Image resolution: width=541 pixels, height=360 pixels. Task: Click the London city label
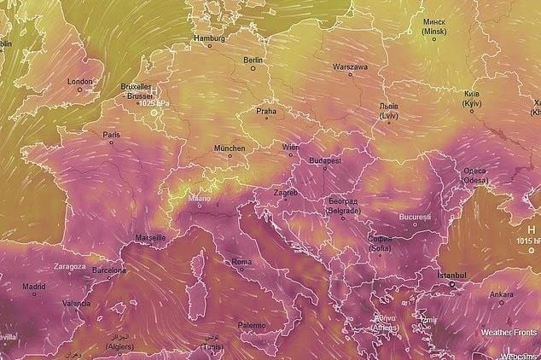(x=79, y=82)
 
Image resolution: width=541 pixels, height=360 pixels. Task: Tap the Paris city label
(x=111, y=135)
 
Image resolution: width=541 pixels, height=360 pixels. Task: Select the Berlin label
(x=253, y=61)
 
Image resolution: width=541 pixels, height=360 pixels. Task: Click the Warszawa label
(x=350, y=66)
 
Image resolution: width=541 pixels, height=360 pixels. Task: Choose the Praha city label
(x=267, y=111)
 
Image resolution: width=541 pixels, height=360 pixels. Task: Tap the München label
(x=229, y=148)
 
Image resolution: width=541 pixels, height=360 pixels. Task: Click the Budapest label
(x=325, y=160)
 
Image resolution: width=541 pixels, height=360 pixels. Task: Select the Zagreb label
(x=286, y=192)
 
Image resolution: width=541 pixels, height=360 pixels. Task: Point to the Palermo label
(x=252, y=325)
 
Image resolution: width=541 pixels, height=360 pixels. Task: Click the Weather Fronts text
(x=509, y=332)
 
